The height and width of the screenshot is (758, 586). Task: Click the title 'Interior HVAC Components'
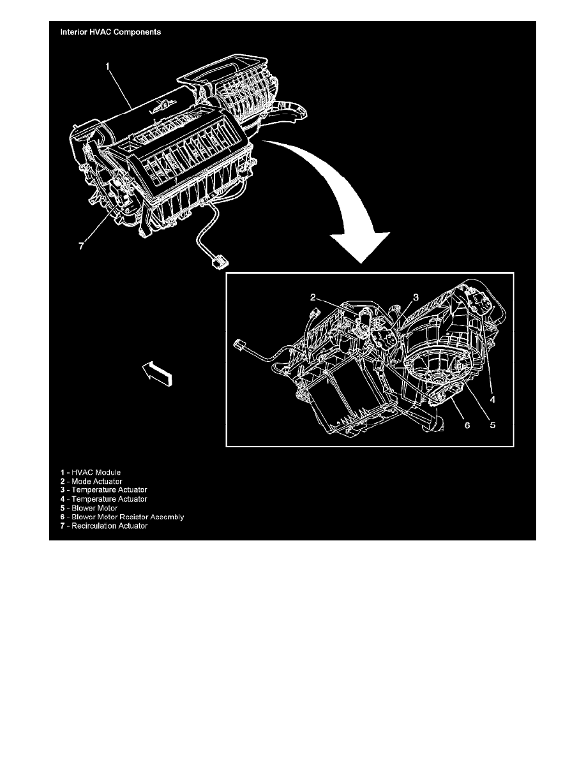(110, 33)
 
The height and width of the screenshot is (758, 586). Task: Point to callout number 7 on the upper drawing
(81, 246)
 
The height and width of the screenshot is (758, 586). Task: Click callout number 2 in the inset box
(313, 297)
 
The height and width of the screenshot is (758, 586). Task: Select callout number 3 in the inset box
(416, 297)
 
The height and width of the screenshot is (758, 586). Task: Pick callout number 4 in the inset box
(493, 400)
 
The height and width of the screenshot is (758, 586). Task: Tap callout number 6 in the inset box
(467, 426)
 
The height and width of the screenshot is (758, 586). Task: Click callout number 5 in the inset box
(493, 426)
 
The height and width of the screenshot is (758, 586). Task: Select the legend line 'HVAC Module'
(91, 472)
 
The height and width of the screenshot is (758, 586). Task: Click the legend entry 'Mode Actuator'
(91, 482)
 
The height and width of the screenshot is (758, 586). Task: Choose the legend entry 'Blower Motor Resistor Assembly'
(122, 517)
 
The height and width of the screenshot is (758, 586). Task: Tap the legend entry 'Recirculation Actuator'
(104, 526)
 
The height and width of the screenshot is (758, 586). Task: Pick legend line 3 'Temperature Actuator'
(103, 490)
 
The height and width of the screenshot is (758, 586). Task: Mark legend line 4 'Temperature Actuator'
(103, 499)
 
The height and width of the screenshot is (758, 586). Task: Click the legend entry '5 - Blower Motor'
(89, 508)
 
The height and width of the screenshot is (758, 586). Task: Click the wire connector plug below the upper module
(220, 262)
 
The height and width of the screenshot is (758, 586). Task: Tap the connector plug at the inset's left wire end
(240, 346)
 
